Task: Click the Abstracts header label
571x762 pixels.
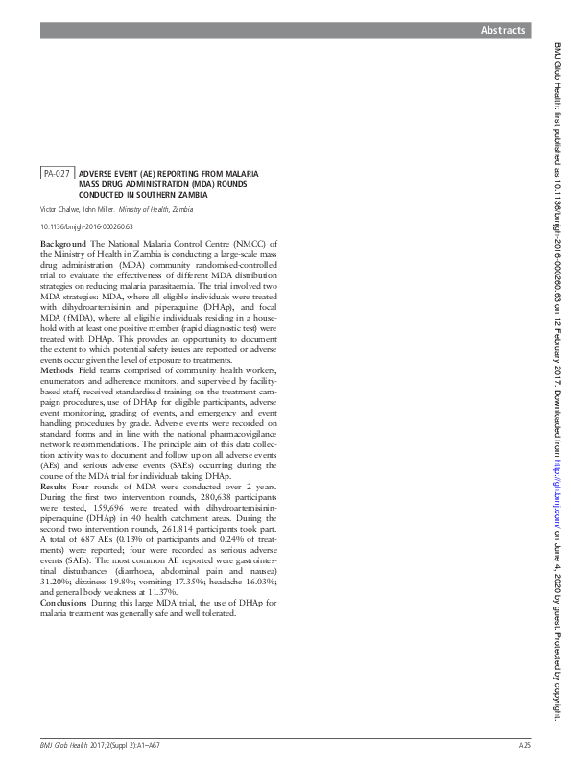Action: click(503, 31)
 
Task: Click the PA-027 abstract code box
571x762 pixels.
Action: click(57, 173)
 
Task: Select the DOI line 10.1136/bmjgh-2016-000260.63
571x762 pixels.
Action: click(86, 227)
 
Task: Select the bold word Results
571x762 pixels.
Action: click(56, 487)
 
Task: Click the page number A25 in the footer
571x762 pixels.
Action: click(524, 744)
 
